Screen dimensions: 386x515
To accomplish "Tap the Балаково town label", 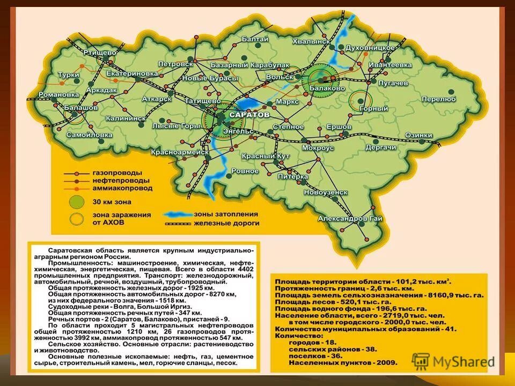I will (x=327, y=87).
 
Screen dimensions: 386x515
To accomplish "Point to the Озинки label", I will (x=418, y=135).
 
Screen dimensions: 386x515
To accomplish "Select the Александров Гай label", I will (x=350, y=218).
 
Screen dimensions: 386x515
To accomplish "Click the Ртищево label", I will (x=100, y=53).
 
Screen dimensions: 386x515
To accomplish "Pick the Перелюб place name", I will (x=438, y=99).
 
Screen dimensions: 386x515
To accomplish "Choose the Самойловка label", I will (x=89, y=135).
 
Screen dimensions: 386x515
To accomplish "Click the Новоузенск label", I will (x=326, y=191).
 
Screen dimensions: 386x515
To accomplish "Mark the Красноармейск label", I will (x=180, y=152).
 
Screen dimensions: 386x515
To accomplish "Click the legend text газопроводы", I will (x=117, y=173).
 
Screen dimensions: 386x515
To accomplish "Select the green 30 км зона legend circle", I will (x=78, y=202).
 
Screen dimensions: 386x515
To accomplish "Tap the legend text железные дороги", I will (x=226, y=222).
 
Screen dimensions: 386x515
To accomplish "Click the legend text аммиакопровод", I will (x=122, y=188).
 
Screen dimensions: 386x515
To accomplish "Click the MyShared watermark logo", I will (x=453, y=360).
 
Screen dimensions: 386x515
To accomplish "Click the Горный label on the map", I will (x=373, y=108).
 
